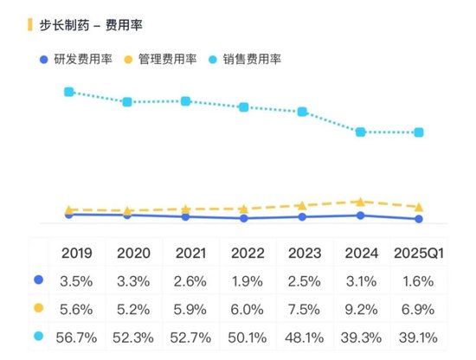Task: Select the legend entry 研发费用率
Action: click(83, 59)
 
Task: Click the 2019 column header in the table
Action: click(77, 254)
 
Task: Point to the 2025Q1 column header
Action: click(419, 254)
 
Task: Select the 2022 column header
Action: click(248, 254)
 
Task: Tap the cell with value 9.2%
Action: click(361, 308)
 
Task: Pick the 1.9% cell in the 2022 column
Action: click(248, 280)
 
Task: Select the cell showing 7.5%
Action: click(304, 308)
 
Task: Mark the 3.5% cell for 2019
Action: click(77, 280)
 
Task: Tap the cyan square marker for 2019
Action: click(69, 92)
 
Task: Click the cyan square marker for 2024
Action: click(361, 132)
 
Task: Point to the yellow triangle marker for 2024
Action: click(361, 201)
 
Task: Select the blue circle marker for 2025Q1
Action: click(419, 219)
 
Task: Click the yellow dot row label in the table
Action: click(37, 308)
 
